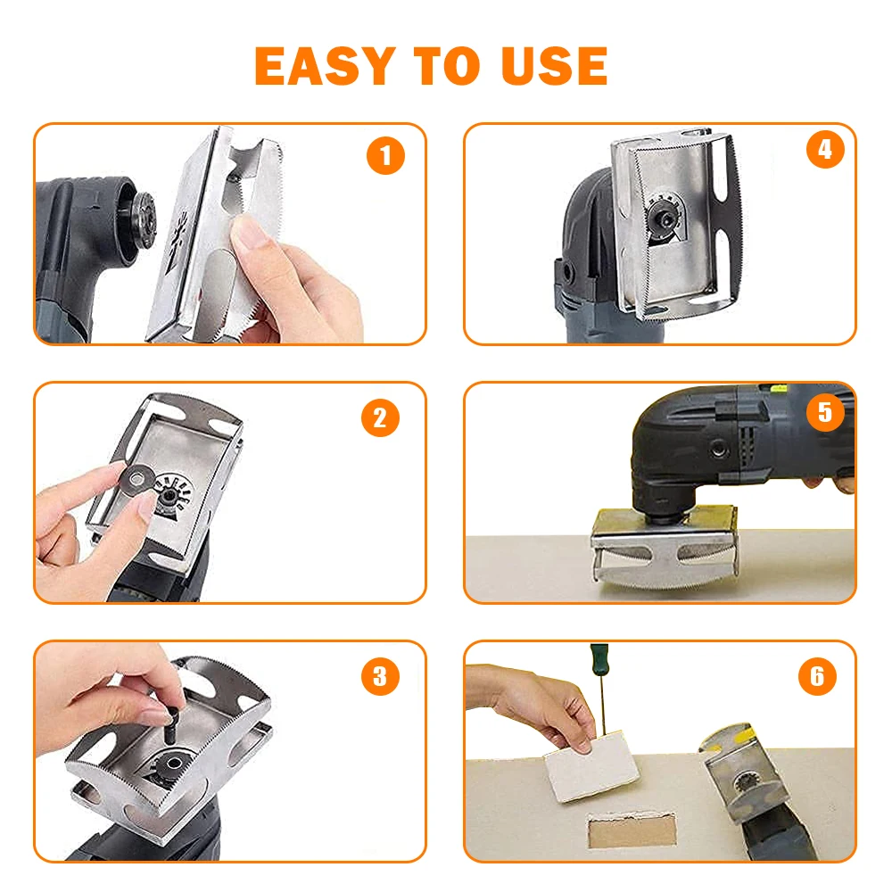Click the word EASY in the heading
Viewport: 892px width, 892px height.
pyautogui.click(x=325, y=65)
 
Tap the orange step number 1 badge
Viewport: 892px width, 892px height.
pyautogui.click(x=384, y=157)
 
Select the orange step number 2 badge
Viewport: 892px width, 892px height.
pyautogui.click(x=380, y=417)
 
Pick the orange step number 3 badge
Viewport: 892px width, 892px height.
pyautogui.click(x=380, y=675)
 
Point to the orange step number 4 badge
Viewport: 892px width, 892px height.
pyautogui.click(x=825, y=150)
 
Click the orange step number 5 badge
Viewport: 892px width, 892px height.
pyautogui.click(x=824, y=411)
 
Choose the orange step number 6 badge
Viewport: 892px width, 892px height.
pyautogui.click(x=817, y=676)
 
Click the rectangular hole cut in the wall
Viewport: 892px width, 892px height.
pyautogui.click(x=629, y=829)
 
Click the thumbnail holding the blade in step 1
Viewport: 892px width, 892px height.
pyautogui.click(x=253, y=234)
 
